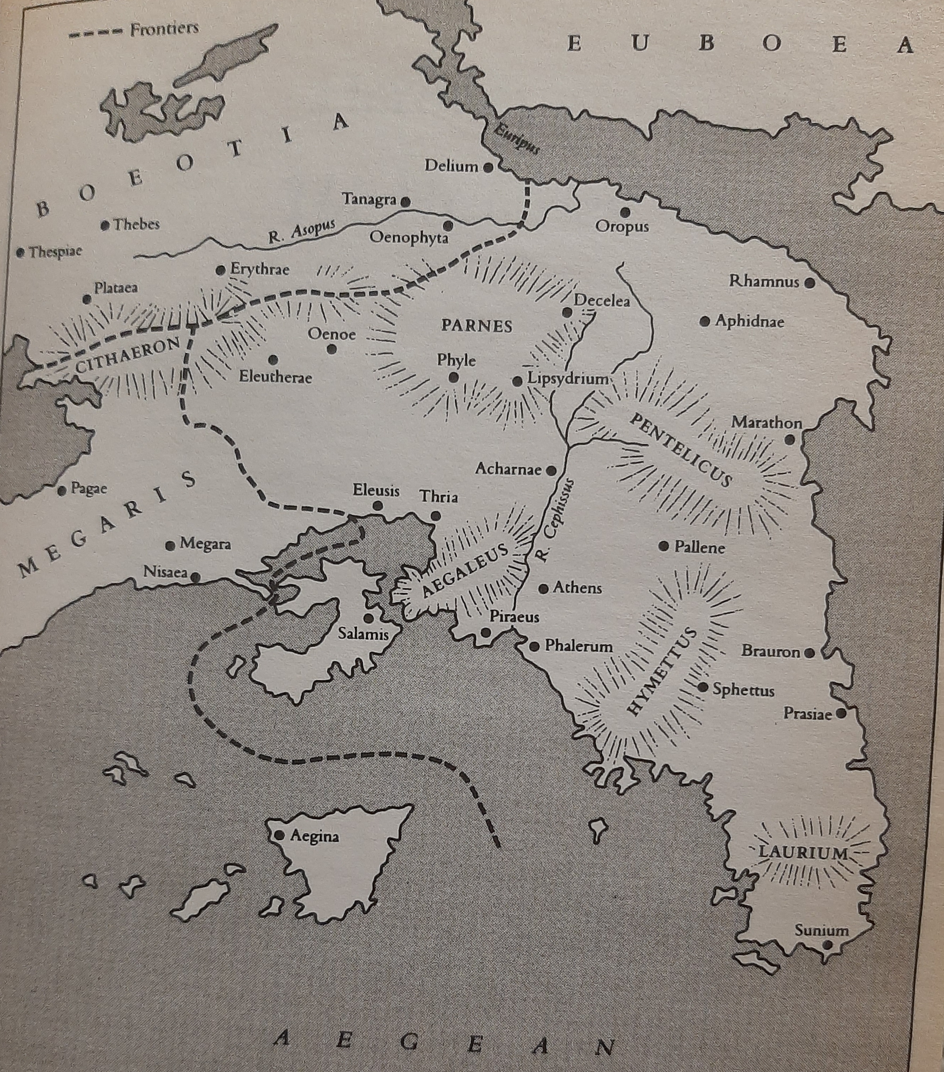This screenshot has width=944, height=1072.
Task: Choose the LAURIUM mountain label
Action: [803, 853]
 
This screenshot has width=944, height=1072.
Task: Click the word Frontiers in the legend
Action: [164, 29]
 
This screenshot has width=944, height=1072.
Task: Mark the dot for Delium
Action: [488, 168]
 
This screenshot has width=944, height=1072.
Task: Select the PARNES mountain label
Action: [476, 326]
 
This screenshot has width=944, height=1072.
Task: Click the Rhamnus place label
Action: [764, 282]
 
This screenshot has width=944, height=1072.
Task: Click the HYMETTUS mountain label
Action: [662, 672]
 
